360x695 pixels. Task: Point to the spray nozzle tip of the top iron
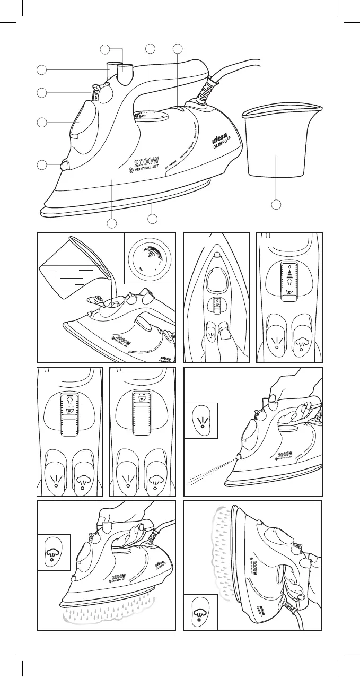[65, 166]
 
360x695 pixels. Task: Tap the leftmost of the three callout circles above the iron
[106, 50]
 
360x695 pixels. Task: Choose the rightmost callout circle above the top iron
[177, 50]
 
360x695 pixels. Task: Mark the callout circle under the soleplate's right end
[153, 219]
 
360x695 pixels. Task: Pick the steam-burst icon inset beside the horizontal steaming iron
[54, 552]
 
